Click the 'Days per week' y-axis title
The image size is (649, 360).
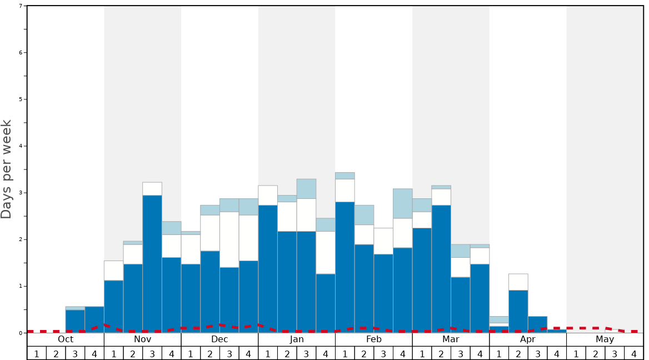coord(7,169)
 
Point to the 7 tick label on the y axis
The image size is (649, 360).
coord(21,6)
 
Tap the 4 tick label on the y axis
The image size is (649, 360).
coord(21,146)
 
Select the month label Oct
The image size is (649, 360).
coord(66,339)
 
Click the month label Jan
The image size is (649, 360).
coord(297,339)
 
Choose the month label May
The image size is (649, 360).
coord(605,339)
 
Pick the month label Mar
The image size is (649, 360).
coord(451,339)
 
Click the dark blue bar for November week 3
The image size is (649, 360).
coord(152,264)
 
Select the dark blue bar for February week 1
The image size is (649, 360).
coord(345,267)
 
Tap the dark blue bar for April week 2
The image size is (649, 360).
coord(518,311)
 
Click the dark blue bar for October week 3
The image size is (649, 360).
coord(75,321)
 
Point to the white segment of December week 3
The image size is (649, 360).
coord(229,239)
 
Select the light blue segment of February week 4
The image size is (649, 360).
coord(403,203)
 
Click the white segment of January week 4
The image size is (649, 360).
coord(326,252)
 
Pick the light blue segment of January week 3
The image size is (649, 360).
coord(306,189)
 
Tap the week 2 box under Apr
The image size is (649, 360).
coord(518,353)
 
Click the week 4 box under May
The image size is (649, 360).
coord(634,353)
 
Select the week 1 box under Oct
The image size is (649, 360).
coord(37,353)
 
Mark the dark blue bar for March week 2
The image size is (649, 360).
coord(441,269)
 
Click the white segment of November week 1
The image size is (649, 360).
coord(114,271)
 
